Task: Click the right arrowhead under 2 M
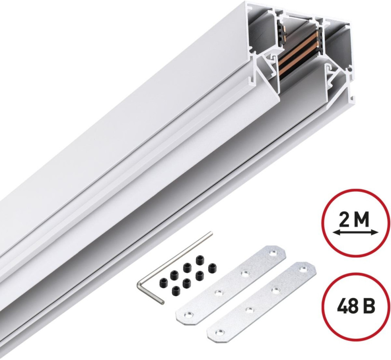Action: (375, 232)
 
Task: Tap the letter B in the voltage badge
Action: (369, 306)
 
